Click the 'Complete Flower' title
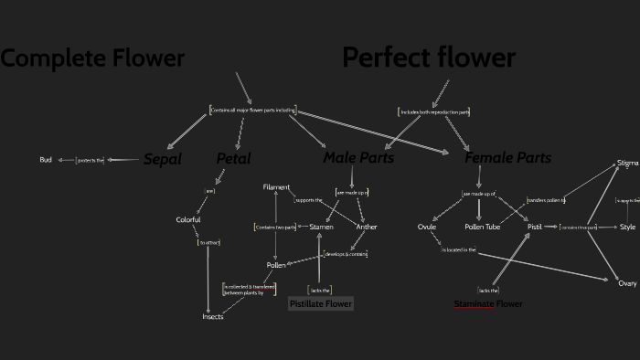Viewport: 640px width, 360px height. point(92,59)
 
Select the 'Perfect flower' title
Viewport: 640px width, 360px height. point(429,58)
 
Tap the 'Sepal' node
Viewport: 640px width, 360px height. point(163,159)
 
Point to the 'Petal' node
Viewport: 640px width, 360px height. point(233,159)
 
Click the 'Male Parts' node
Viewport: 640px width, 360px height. point(358,158)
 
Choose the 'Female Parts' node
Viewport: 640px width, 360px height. point(507,158)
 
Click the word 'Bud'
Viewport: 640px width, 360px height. point(46,160)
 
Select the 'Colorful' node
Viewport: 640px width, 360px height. point(188,220)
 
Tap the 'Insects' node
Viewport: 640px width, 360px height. point(213,316)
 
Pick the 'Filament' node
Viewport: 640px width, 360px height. point(276,187)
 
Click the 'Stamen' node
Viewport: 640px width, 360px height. point(321,227)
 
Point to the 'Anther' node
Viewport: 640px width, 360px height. point(367,227)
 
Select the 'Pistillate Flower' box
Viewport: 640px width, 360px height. point(320,303)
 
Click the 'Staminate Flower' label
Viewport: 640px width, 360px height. point(488,303)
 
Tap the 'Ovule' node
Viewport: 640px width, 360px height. point(427,227)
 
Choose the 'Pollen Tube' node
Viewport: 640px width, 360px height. point(482,227)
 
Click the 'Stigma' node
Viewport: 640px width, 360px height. point(627,164)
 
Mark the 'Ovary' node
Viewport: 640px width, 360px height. point(627,284)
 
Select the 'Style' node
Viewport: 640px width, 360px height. point(627,227)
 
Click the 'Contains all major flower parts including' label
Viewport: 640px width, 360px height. point(254,111)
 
